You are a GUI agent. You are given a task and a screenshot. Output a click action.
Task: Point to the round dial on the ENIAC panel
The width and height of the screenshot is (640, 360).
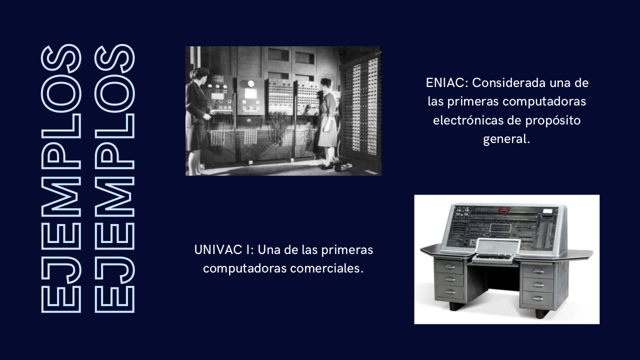(251, 83)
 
